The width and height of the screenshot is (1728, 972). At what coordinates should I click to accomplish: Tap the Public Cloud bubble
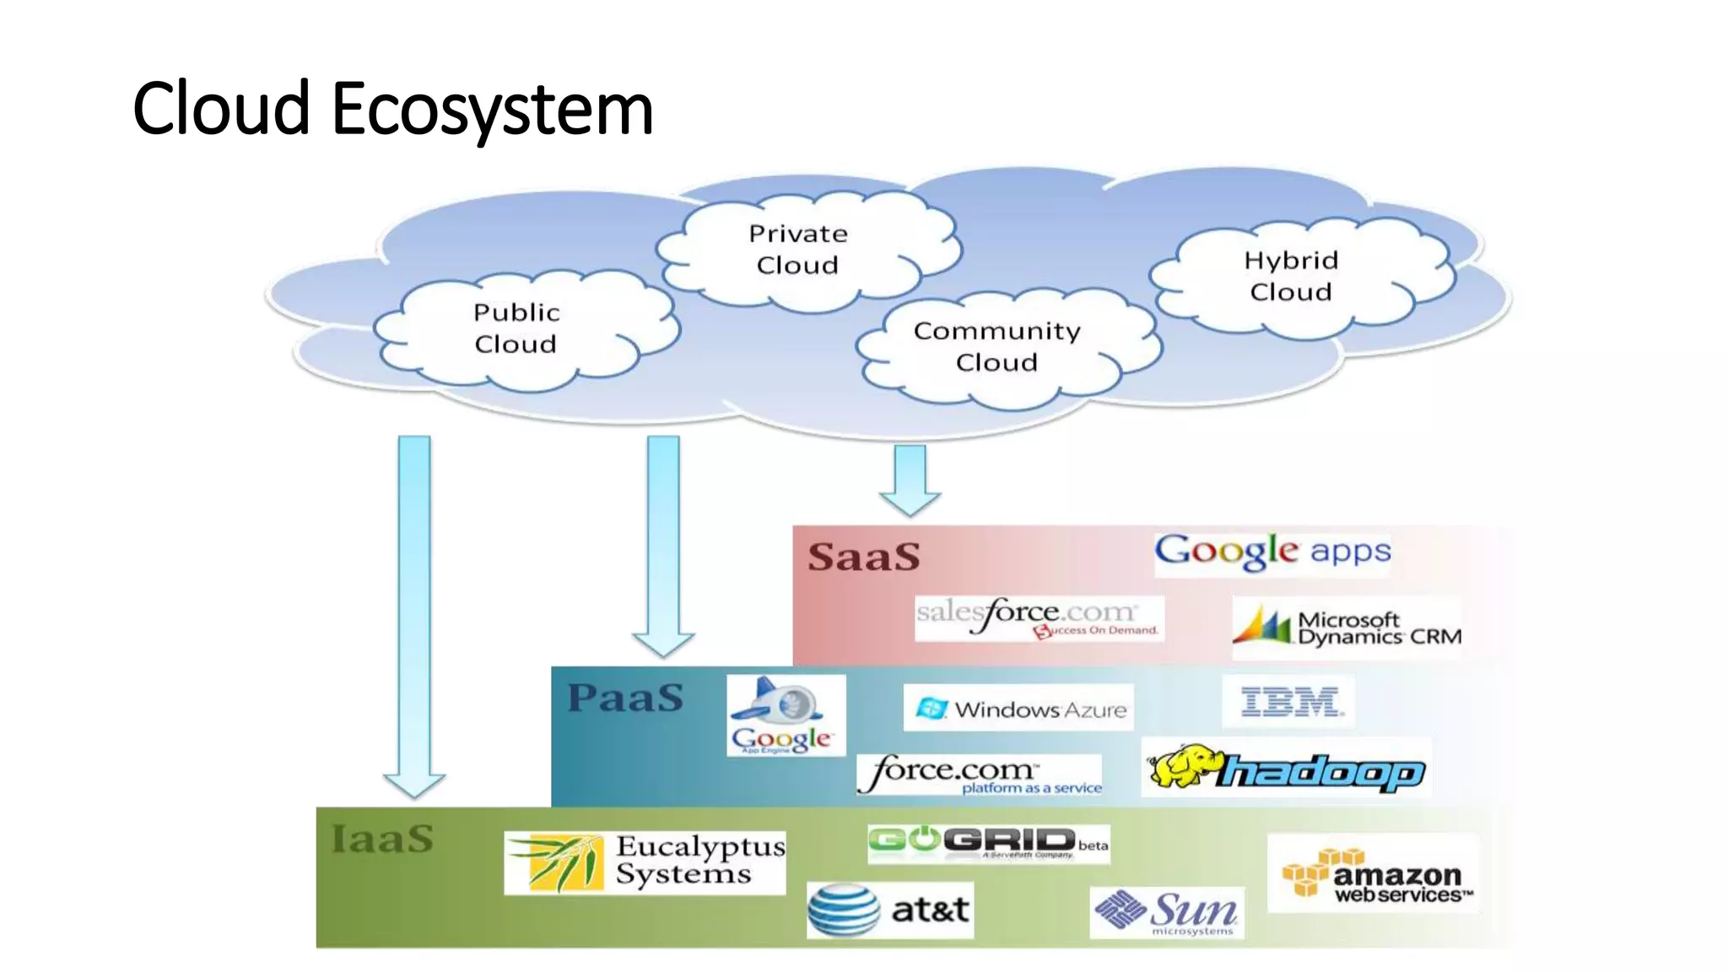pos(516,329)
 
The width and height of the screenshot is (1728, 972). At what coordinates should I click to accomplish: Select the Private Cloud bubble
pos(798,249)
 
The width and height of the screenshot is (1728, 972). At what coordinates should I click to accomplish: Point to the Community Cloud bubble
pos(997,347)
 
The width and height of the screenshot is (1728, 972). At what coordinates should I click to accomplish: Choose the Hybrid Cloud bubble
pos(1291,276)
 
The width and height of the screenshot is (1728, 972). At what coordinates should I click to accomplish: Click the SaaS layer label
pos(864,558)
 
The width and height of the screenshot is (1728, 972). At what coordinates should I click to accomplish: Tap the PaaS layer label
pos(625,699)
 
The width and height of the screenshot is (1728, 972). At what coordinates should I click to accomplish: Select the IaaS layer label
pos(383,840)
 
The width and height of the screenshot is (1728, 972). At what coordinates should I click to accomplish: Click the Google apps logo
pos(1272,552)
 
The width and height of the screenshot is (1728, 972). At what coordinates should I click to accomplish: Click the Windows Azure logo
pos(1019,709)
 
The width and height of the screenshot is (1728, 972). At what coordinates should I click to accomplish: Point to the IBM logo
pos(1289,702)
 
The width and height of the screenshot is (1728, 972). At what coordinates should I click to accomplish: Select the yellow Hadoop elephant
pos(1184,766)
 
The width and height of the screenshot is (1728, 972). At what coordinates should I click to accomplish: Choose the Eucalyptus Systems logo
pos(645,862)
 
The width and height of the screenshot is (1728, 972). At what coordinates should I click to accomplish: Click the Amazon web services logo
pos(1374,875)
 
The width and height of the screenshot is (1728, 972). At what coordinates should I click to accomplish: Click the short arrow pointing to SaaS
pos(910,480)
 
